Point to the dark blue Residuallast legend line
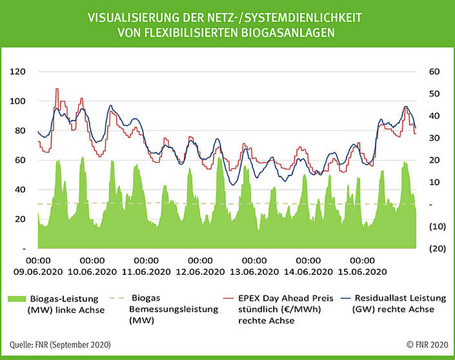tap(340, 298)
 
